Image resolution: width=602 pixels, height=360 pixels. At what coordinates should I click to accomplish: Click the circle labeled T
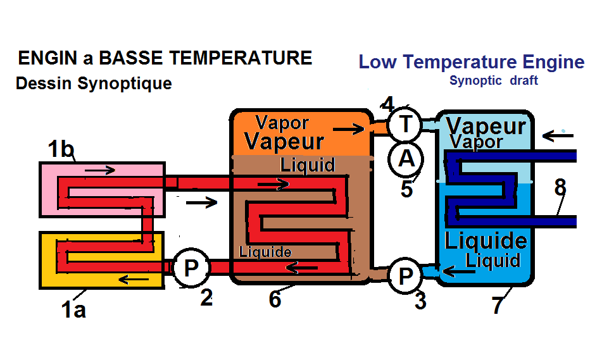click(404, 125)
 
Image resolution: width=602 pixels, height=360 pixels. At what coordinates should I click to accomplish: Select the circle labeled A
click(405, 158)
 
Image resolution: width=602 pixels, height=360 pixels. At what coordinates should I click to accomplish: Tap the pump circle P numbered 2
click(191, 269)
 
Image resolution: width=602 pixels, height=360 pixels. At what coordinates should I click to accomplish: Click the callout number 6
click(275, 299)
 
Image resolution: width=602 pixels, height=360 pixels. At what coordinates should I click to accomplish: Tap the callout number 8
click(560, 187)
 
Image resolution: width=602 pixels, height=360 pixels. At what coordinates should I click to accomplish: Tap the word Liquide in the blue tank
click(486, 240)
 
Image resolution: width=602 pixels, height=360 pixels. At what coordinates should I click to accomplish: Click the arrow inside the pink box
click(100, 170)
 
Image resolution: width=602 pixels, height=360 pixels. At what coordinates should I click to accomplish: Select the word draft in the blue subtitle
click(524, 80)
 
